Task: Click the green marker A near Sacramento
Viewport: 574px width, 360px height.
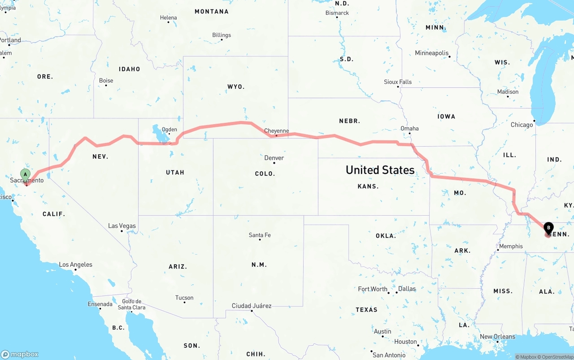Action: [26, 174]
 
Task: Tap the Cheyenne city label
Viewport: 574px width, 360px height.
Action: [276, 131]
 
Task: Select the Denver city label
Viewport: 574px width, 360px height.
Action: [274, 158]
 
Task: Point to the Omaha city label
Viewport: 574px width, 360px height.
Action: [409, 128]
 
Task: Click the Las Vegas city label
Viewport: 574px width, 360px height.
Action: [122, 226]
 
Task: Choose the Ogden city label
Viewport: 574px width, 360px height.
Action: [170, 130]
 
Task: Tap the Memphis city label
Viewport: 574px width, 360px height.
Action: [511, 246]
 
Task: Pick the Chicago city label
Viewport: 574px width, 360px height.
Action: [522, 125]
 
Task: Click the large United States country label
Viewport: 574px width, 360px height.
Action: [380, 170]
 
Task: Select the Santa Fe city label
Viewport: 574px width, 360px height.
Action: [260, 235]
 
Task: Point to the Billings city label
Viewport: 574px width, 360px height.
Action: [222, 35]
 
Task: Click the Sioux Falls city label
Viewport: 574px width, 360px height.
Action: [398, 82]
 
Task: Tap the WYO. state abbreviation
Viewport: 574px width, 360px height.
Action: [236, 87]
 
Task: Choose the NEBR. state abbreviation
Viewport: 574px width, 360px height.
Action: [349, 121]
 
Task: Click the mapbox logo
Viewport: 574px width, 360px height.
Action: [20, 354]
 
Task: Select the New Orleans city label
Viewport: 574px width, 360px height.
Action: [497, 337]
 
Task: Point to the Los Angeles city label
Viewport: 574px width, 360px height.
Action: [76, 265]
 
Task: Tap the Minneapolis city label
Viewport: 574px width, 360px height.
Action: [432, 53]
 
